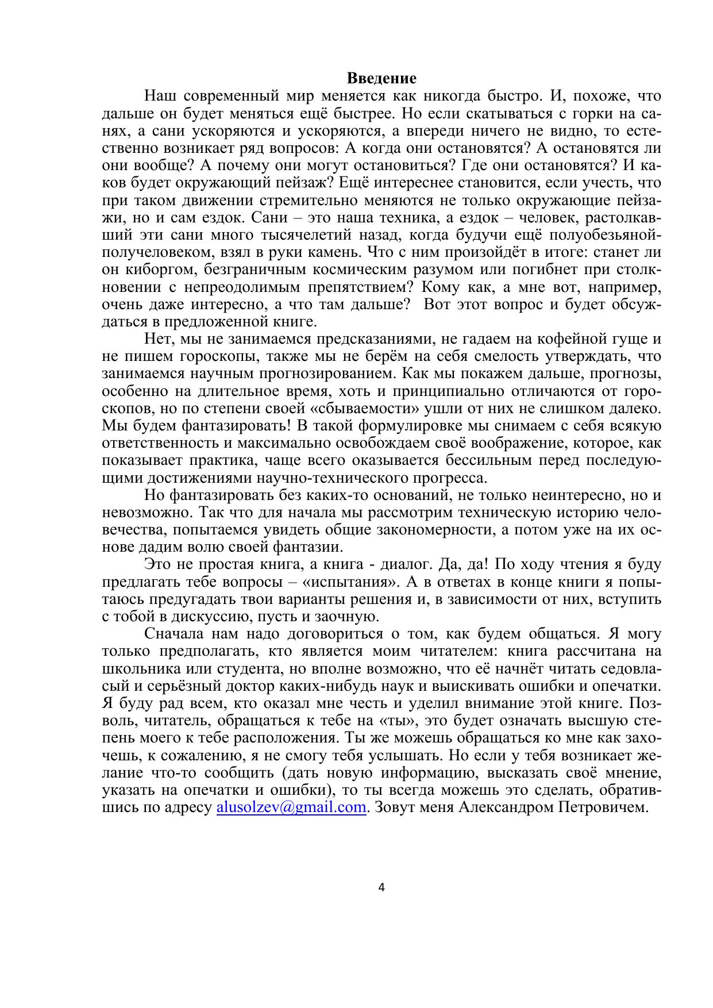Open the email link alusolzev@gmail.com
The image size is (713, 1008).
point(291,807)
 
